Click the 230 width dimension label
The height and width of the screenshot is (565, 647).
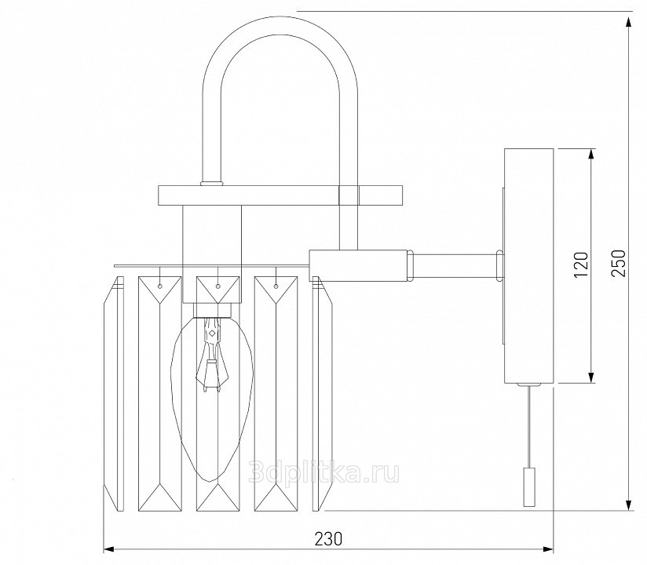click(329, 538)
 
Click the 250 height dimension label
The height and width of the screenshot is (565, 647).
click(619, 263)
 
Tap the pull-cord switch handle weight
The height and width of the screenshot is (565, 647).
click(529, 487)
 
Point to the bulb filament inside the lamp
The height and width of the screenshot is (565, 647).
click(212, 355)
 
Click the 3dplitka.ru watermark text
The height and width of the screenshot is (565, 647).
click(324, 472)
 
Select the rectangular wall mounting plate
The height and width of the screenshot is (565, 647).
click(528, 266)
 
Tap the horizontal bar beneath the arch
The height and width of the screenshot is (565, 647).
click(280, 195)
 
